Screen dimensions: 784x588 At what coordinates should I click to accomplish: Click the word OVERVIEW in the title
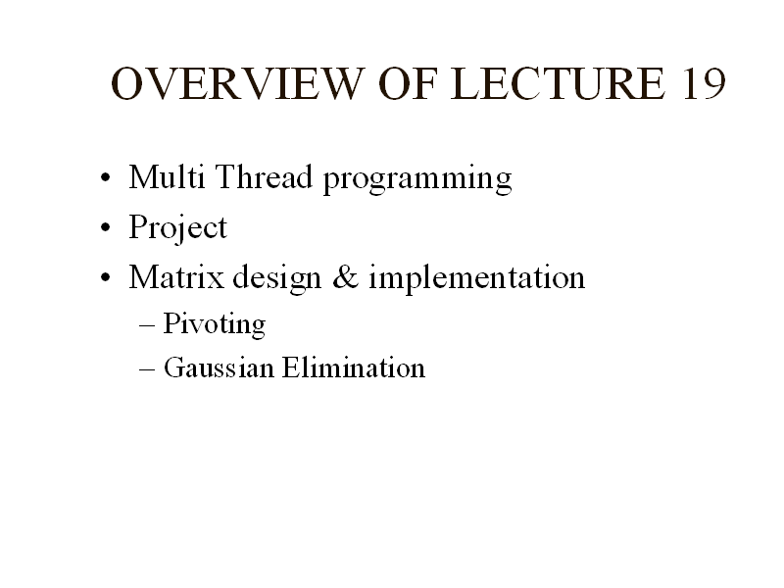[237, 83]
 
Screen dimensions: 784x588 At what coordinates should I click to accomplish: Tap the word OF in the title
[408, 83]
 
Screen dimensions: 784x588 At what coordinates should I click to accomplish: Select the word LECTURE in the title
[559, 83]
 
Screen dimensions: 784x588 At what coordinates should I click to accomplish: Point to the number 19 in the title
[704, 83]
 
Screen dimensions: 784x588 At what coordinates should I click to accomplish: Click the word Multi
[167, 176]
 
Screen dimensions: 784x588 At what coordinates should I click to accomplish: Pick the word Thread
[265, 176]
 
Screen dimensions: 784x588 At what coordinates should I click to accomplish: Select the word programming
[418, 179]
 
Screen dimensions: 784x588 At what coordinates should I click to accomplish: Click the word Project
[178, 228]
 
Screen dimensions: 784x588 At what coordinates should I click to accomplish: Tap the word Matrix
[176, 276]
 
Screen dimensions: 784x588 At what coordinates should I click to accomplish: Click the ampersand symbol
[346, 277]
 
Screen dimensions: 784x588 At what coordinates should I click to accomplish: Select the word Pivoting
[215, 324]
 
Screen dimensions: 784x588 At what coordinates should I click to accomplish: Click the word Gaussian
[219, 367]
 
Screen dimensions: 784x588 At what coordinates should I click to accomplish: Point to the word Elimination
[354, 367]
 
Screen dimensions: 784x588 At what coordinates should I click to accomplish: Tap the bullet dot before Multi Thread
[105, 177]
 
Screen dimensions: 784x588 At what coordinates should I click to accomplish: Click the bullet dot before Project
[105, 227]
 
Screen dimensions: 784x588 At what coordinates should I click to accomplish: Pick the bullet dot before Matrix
[105, 277]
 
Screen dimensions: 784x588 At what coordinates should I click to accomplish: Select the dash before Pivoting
[147, 325]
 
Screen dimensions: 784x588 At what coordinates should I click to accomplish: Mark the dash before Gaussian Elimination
[147, 369]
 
